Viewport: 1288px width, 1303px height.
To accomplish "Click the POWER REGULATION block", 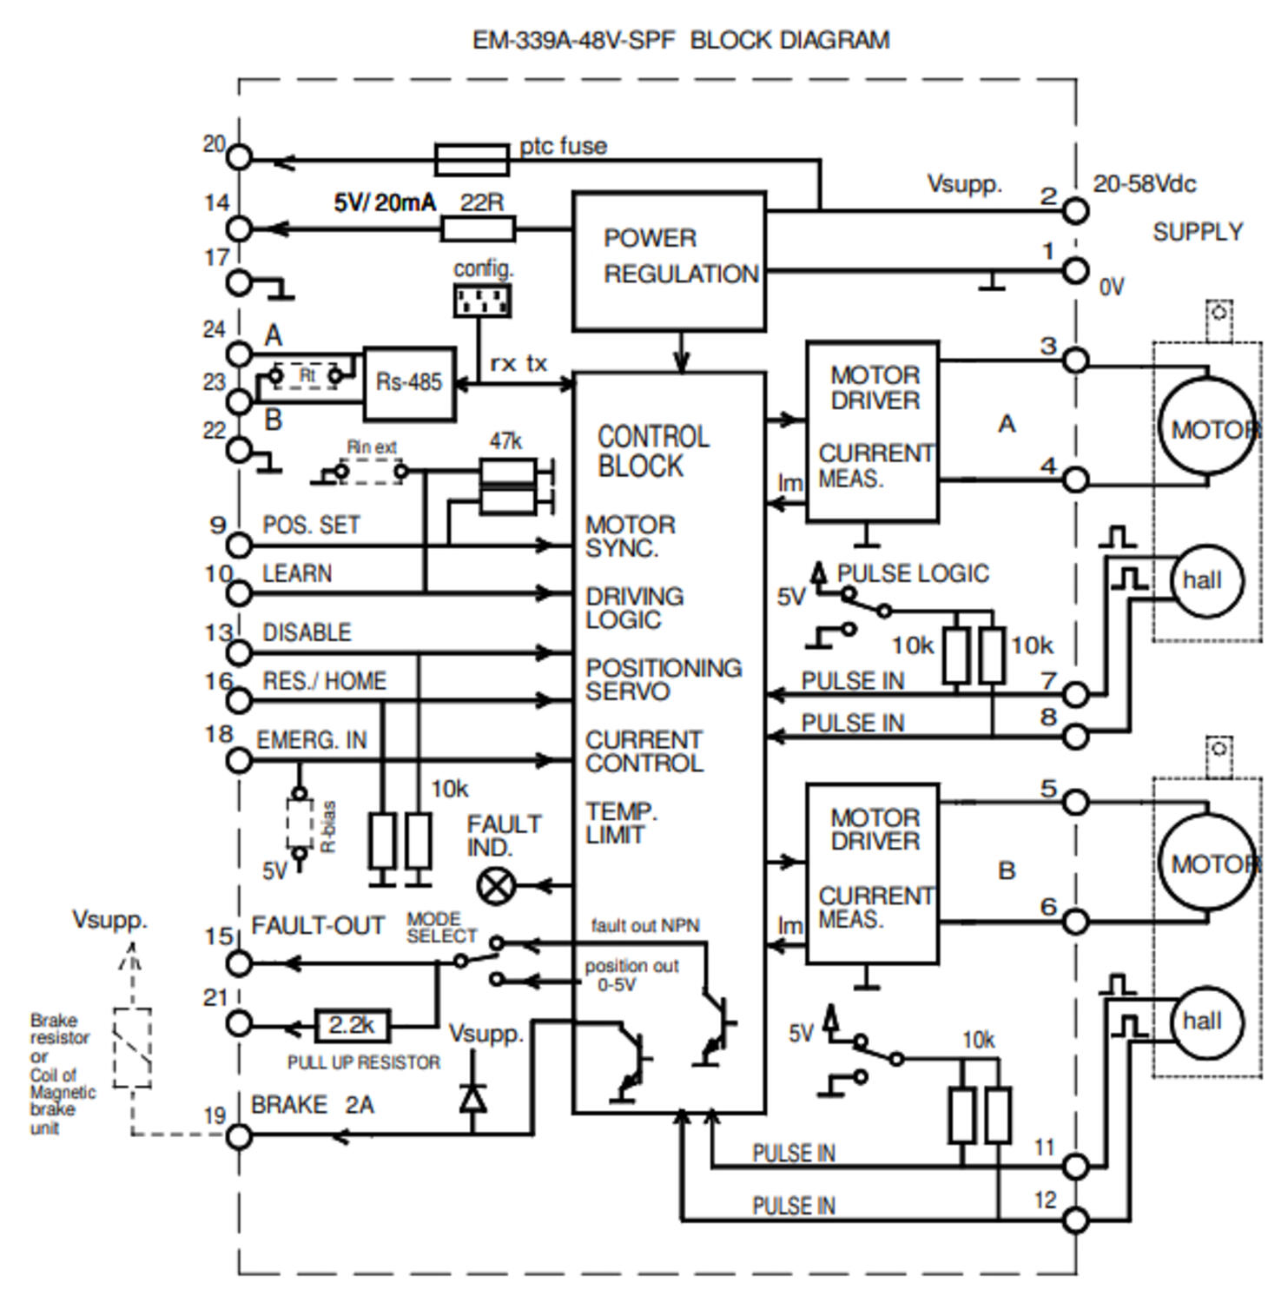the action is pos(669,261).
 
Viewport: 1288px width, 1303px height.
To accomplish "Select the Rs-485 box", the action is pos(409,384).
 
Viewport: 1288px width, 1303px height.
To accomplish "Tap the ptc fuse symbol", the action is pos(472,161).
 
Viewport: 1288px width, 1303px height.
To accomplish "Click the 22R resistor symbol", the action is pos(478,229).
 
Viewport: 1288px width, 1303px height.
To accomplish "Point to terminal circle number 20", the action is pos(239,158).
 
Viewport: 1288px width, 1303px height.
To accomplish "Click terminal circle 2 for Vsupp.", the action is pos(1075,210).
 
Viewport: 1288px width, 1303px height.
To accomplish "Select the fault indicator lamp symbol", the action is pos(496,887).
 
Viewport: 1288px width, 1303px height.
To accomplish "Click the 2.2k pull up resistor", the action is pos(352,1026).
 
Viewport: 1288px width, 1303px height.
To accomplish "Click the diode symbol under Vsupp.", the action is pos(472,1099).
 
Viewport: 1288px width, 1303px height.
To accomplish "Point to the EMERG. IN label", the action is pos(312,740).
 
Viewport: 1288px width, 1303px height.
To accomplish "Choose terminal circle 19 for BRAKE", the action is pos(239,1135).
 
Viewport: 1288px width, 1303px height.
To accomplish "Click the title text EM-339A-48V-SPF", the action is pos(573,40).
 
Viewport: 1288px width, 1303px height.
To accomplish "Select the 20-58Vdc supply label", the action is pos(1144,184).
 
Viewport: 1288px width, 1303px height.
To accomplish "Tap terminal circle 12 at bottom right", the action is pos(1075,1220).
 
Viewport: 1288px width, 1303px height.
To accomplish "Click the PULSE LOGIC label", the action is pos(913,573).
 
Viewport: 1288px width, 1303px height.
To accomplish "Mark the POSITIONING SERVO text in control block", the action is pos(664,679).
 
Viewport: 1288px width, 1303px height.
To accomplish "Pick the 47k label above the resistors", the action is pos(505,441).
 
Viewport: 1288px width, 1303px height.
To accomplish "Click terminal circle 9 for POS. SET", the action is pos(239,546).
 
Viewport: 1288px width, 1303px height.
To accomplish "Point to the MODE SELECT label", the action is pos(442,928).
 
